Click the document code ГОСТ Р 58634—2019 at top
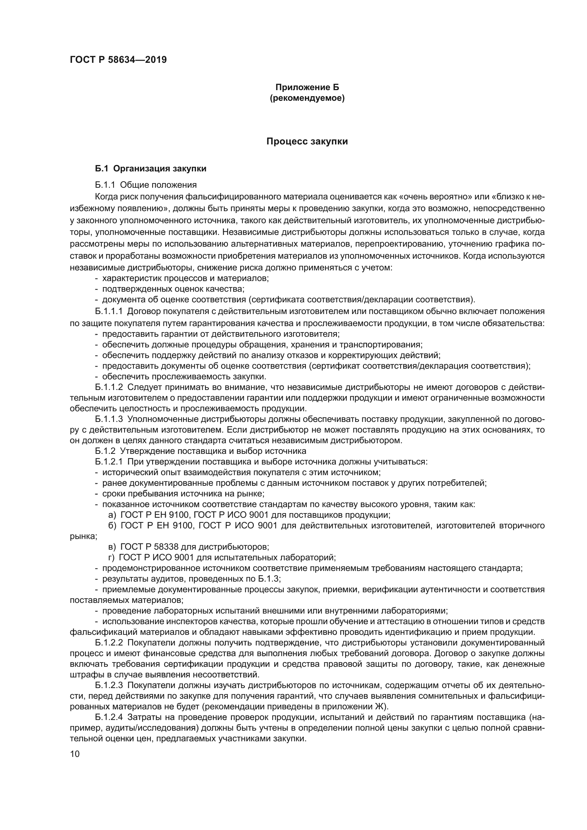(x=118, y=60)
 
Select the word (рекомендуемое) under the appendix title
(x=307, y=98)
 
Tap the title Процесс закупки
(x=307, y=141)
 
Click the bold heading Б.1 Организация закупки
(x=151, y=169)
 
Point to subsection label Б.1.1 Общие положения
(x=146, y=185)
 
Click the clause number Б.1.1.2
(x=109, y=387)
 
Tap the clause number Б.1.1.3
(x=109, y=419)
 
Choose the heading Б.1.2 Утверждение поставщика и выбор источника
(x=201, y=451)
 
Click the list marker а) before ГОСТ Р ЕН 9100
(x=112, y=515)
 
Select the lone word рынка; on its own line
(x=83, y=536)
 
